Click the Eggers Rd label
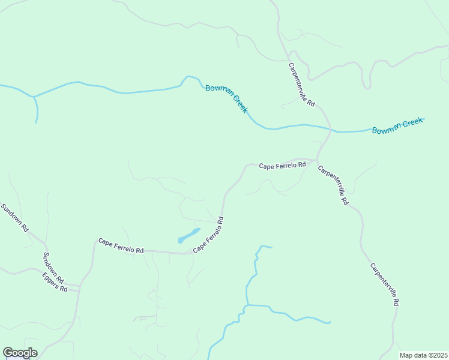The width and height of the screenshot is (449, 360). (55, 281)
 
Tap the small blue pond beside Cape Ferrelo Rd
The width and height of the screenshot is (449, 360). (188, 235)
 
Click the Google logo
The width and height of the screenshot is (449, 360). (20, 353)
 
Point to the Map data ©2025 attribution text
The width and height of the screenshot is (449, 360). (423, 355)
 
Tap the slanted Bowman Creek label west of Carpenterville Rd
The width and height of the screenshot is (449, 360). (226, 98)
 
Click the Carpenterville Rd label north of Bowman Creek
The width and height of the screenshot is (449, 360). (301, 85)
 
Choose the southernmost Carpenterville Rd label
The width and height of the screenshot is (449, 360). (384, 285)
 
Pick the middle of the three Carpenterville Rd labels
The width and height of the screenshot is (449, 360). (333, 185)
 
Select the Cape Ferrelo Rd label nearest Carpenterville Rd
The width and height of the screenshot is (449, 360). (283, 165)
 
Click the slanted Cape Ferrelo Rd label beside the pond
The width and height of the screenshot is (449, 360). (208, 235)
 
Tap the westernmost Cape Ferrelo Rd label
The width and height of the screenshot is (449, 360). (121, 245)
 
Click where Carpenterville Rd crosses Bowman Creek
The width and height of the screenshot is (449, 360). (330, 129)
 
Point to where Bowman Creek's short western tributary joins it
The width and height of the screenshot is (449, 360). (34, 97)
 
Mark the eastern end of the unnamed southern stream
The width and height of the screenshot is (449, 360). (330, 322)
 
